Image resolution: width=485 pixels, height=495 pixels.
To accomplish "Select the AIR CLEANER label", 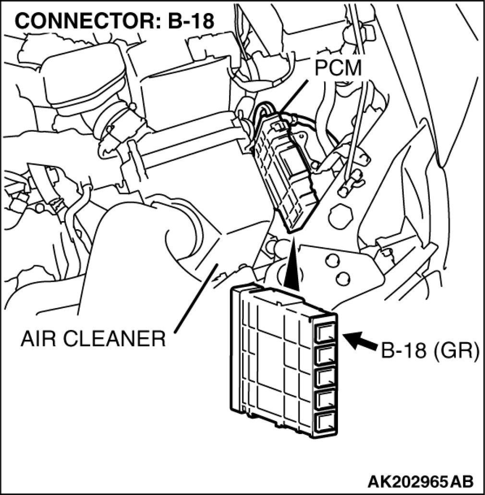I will tap(93, 339).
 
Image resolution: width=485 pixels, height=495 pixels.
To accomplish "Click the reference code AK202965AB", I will tap(421, 481).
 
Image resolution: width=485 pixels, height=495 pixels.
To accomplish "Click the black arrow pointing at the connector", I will tap(361, 342).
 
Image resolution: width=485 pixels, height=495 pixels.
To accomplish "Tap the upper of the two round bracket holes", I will tap(330, 260).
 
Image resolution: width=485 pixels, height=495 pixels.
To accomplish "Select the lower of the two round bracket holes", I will tap(342, 278).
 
